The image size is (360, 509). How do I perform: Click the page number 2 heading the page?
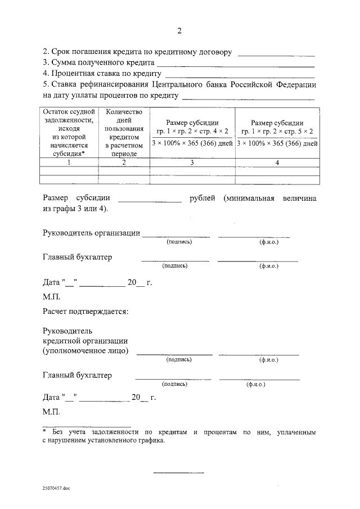pyautogui.click(x=179, y=30)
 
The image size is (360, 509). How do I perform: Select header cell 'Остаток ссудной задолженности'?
pyautogui.click(x=68, y=132)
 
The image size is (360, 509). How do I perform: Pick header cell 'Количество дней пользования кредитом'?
pyautogui.click(x=124, y=132)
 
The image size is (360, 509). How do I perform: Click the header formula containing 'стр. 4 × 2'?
pyautogui.click(x=192, y=132)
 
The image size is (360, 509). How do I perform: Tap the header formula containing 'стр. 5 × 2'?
pyautogui.click(x=277, y=132)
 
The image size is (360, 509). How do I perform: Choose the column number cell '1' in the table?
pyautogui.click(x=68, y=163)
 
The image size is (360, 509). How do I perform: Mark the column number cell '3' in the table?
pyautogui.click(x=192, y=163)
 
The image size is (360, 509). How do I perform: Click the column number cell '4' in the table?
pyautogui.click(x=277, y=163)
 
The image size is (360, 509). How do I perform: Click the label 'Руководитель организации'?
pyautogui.click(x=91, y=233)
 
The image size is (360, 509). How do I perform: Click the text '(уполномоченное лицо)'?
pyautogui.click(x=85, y=351)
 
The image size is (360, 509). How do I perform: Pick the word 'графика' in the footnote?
pyautogui.click(x=150, y=441)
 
